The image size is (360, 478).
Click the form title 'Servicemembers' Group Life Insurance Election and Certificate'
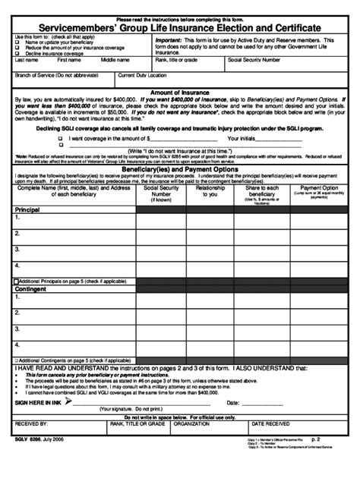point(179,27)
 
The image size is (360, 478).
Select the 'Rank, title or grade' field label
point(177,59)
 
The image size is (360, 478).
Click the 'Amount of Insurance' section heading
point(180,92)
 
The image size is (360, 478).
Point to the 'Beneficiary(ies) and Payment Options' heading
point(180,169)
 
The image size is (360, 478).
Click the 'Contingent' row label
point(30,289)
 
